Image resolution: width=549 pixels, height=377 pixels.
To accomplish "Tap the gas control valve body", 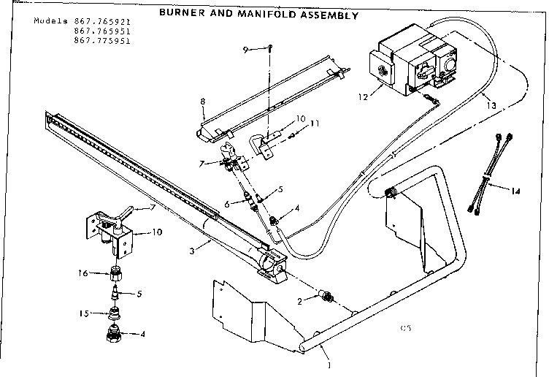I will (408, 58).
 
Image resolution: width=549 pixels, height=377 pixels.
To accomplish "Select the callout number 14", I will (515, 191).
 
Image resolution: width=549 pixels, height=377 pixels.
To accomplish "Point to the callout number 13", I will (492, 106).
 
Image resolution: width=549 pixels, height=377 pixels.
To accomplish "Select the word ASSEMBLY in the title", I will (326, 15).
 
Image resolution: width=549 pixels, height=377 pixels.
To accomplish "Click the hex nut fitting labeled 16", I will (115, 275).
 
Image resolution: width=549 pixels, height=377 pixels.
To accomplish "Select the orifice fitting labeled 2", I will (329, 297).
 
